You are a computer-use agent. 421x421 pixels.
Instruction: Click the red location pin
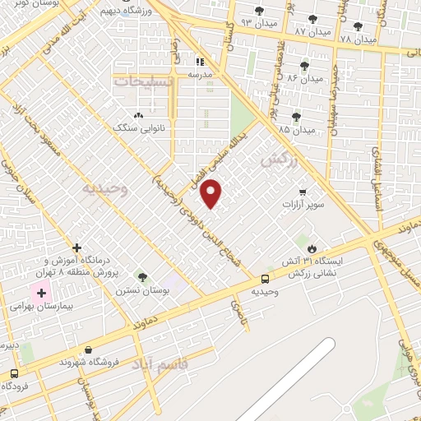(211, 193)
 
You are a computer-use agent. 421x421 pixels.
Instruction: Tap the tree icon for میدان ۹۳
(260, 11)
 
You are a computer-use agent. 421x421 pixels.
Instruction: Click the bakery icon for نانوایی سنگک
(138, 116)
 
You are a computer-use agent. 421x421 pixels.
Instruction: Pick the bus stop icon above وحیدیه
(265, 280)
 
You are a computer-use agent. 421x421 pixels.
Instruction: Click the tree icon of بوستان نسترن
(143, 277)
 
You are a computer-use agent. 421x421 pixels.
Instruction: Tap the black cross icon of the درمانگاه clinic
(77, 248)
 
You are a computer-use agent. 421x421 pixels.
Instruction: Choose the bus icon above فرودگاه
(14, 373)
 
